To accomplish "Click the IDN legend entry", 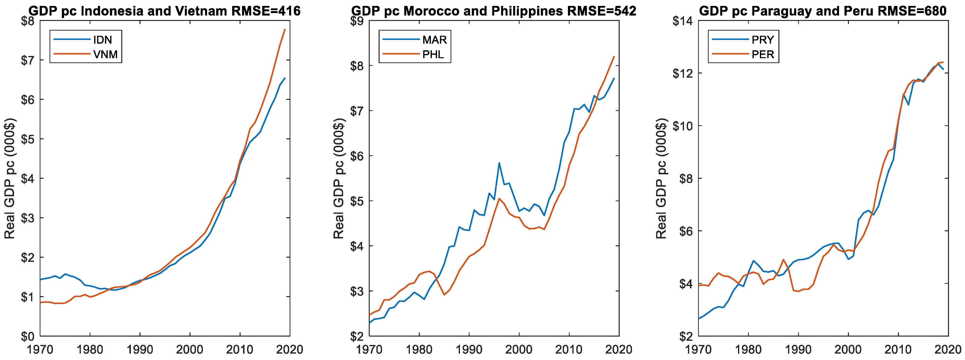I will pos(102,40).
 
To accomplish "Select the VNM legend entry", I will pos(105,55).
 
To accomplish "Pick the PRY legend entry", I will pos(762,40).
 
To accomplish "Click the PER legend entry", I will pos(762,55).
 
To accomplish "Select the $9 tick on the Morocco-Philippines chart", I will pos(357,21).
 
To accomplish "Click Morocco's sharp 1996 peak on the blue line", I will pos(499,163).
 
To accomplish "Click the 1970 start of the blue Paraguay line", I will pos(699,318).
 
